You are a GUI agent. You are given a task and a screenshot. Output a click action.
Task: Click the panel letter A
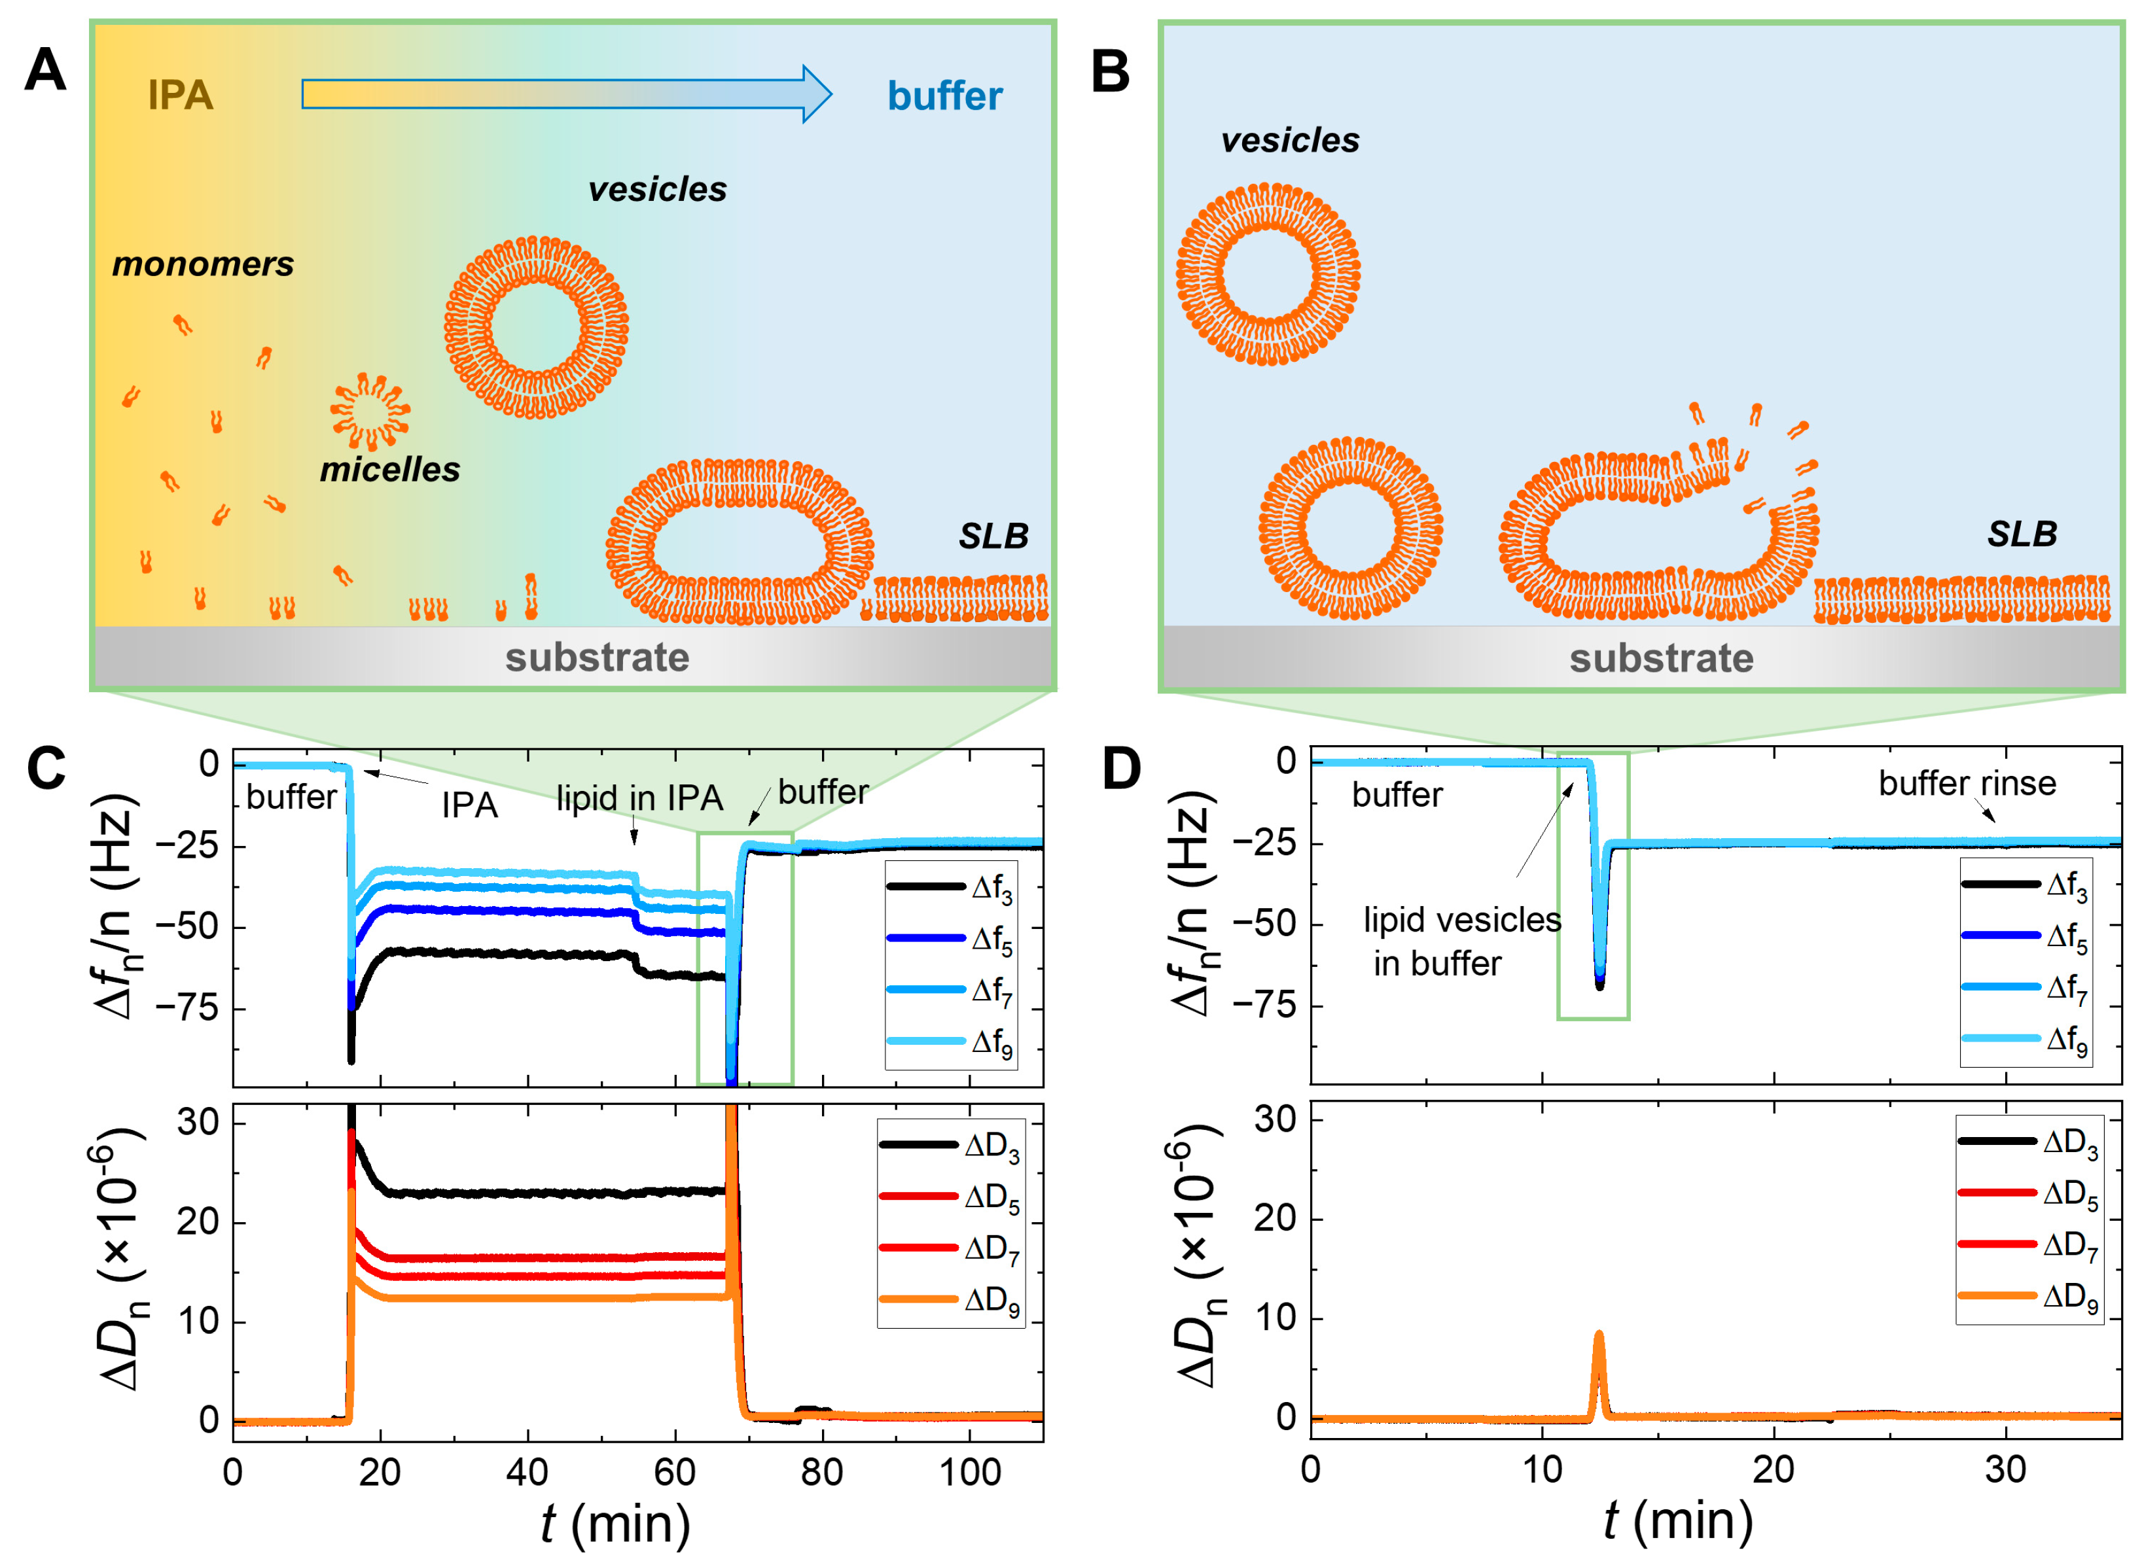(x=45, y=71)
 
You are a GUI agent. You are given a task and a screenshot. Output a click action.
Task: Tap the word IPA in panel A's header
(x=181, y=96)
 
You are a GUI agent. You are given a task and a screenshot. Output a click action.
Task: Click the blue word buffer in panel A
(x=944, y=96)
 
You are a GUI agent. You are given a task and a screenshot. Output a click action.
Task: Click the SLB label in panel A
(x=993, y=536)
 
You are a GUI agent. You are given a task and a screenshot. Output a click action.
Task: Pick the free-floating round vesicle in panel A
(x=536, y=327)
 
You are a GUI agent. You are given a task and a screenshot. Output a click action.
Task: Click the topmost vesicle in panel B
(x=1268, y=274)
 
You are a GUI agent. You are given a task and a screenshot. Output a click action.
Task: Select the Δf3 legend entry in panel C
(x=950, y=887)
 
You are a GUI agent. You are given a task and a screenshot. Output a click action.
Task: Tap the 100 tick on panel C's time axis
(x=970, y=1472)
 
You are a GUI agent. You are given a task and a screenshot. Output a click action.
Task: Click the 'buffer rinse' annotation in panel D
(x=1967, y=783)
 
